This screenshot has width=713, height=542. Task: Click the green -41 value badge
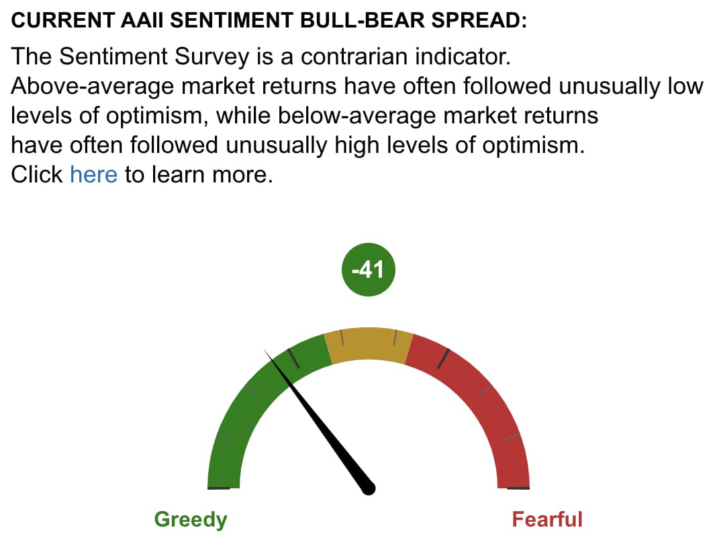(x=369, y=270)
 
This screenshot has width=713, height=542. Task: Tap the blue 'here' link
(x=94, y=174)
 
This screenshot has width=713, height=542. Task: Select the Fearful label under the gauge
(x=547, y=519)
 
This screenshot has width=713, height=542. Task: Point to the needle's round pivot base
(x=369, y=488)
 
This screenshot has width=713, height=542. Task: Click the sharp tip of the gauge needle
(x=265, y=350)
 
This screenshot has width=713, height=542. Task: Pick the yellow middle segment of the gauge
(x=369, y=344)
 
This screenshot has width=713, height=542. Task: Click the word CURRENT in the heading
(x=63, y=20)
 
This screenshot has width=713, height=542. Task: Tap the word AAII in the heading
(x=142, y=20)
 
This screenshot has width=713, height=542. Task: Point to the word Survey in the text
(x=212, y=57)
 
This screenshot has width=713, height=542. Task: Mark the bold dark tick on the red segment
(x=444, y=358)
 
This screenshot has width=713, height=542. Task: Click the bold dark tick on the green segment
(x=293, y=358)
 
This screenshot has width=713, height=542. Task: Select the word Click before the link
(x=37, y=174)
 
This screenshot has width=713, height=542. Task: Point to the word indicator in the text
(x=463, y=56)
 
